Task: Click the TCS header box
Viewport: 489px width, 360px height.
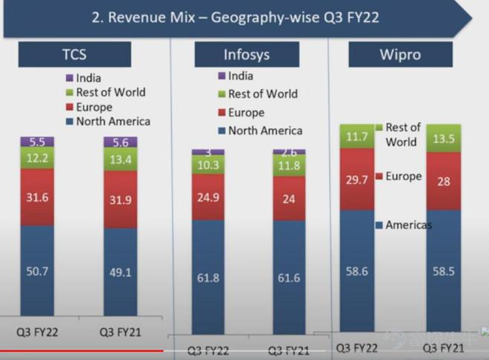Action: pos(74,54)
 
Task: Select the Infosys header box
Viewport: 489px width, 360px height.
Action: pos(247,54)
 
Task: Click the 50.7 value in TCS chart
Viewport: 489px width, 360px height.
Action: pos(37,273)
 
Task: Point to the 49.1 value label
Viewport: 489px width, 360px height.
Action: pos(121,273)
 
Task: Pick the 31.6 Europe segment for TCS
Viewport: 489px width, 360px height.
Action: pos(37,197)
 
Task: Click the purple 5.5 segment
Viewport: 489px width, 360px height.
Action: pos(37,141)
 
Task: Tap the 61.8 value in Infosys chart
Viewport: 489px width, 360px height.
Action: pos(207,278)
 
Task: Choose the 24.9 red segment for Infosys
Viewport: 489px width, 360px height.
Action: pos(207,197)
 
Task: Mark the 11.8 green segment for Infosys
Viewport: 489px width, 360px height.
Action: pos(289,166)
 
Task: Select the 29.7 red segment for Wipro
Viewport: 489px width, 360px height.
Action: pos(356,179)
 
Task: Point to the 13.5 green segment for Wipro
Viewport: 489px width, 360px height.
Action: pos(443,138)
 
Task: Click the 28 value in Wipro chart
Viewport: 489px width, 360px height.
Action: pos(443,181)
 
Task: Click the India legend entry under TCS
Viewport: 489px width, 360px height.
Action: pos(87,78)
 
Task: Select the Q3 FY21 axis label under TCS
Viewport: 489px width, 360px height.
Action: pos(121,333)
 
